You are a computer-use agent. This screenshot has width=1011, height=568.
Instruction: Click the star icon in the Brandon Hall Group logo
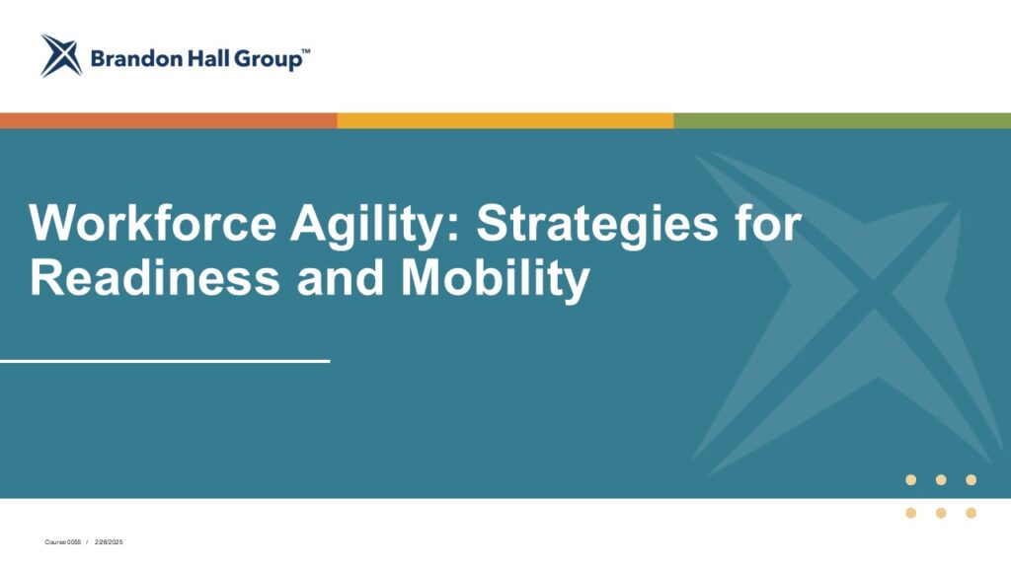coord(61,55)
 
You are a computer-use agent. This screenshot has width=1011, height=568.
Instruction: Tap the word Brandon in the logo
coord(136,59)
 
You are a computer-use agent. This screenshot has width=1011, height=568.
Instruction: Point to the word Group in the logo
coord(267,60)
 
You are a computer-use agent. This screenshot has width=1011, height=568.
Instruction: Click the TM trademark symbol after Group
coord(306,51)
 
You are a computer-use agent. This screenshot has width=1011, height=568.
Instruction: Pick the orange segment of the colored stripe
coord(168,120)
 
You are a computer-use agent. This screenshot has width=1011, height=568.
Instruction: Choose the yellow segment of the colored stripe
coord(505,120)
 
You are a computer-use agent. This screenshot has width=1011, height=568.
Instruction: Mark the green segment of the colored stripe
coord(843,120)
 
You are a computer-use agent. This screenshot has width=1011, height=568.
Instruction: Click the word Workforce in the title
coord(153,223)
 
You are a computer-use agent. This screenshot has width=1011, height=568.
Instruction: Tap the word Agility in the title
coord(376,226)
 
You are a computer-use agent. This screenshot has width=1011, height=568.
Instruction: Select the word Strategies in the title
coord(597,226)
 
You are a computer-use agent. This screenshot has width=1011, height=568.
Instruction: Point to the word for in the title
coord(767,223)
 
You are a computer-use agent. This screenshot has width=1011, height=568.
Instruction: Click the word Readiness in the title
coord(155,277)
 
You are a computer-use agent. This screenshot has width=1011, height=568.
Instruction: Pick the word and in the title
coord(341,277)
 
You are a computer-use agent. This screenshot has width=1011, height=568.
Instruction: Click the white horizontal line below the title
coord(165,361)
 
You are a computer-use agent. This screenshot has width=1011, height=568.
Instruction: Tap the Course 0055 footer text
coord(63,542)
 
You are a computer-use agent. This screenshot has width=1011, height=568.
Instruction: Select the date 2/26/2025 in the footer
coord(109,542)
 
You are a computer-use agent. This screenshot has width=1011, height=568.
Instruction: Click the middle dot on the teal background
coord(941,480)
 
